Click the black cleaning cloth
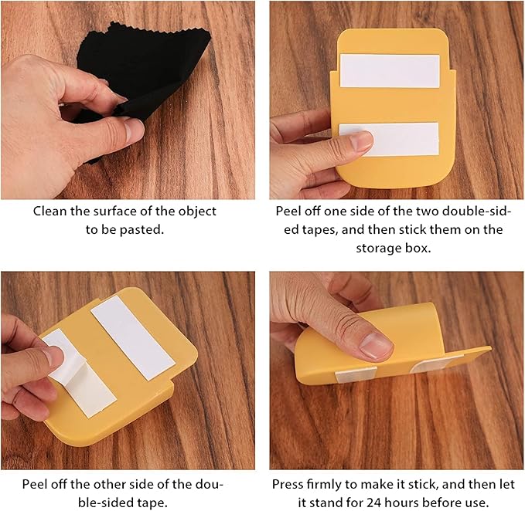pos(148,67)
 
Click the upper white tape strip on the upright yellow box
pos(390,71)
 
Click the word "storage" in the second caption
pos(377,249)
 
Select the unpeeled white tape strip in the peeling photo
pos(133,337)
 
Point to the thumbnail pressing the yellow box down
pos(376,346)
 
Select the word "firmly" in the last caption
pos(329,484)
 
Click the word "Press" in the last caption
pos(289,484)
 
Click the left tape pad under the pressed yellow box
pos(356,374)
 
